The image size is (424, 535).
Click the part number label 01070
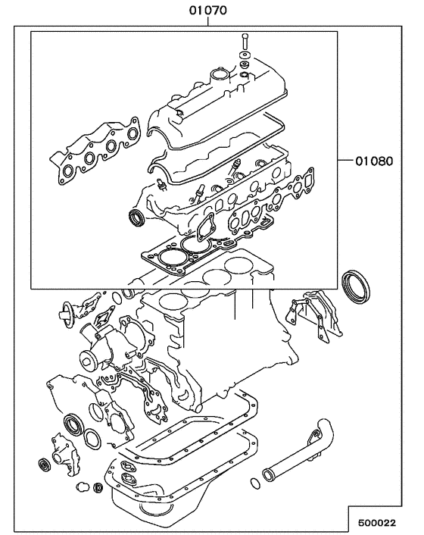208,10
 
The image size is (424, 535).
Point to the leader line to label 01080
344,161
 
